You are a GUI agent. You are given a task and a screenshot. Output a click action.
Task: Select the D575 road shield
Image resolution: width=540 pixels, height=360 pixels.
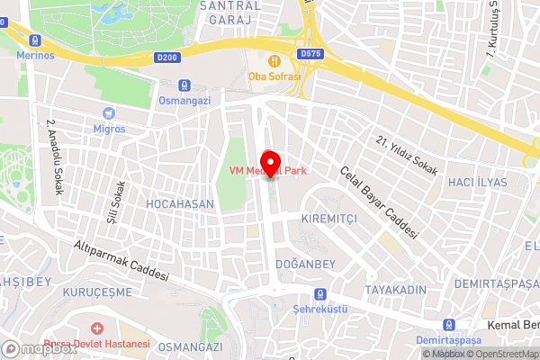[310, 54]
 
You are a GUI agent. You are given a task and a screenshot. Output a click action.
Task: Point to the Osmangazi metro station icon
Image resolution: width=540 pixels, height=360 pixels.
[184, 85]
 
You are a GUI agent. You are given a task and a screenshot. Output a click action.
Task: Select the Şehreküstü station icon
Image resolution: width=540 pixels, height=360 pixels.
[319, 294]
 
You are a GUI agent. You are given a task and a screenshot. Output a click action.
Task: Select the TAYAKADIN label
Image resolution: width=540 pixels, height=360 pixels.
[395, 290]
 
